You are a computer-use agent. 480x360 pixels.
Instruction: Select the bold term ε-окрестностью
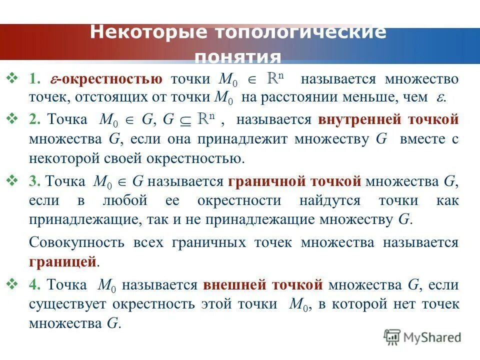pos(105,79)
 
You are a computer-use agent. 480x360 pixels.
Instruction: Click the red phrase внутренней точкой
pos(388,120)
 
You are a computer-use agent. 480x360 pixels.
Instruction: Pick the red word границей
pos(62,261)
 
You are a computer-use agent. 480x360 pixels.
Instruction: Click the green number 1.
pos(33,80)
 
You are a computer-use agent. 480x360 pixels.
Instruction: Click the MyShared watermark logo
pos(422,337)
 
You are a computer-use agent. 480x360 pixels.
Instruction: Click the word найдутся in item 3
pos(329,200)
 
